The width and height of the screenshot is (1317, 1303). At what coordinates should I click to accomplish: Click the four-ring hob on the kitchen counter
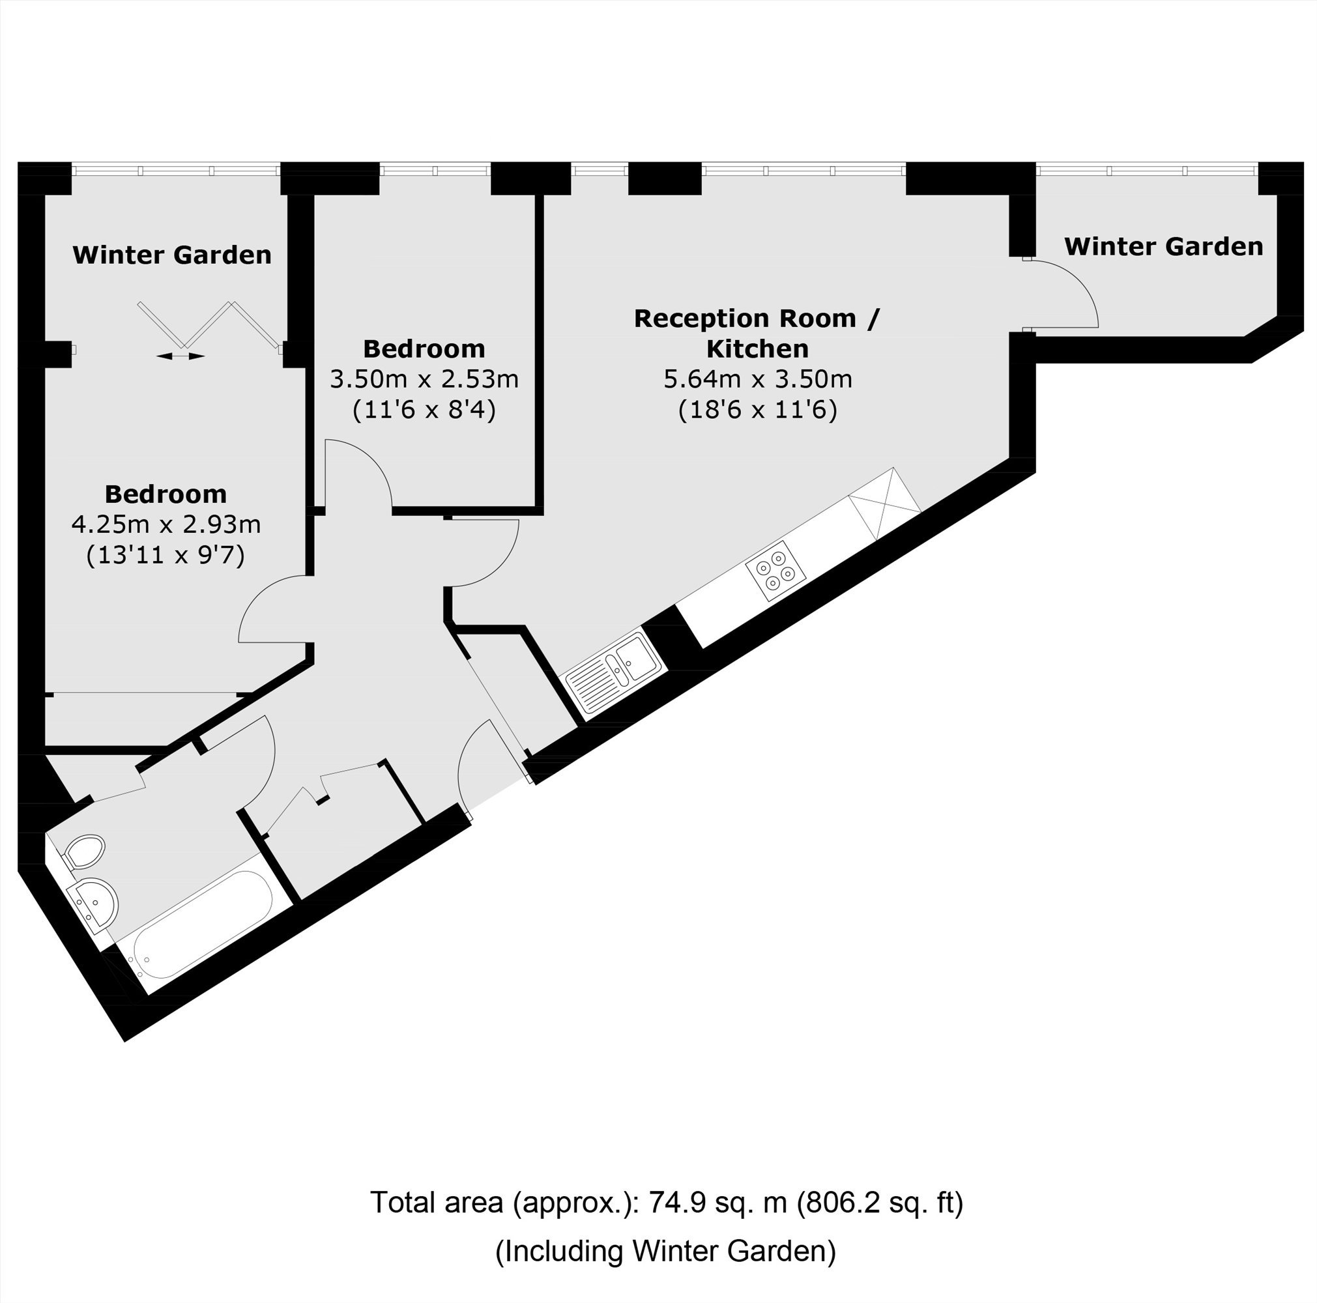775,571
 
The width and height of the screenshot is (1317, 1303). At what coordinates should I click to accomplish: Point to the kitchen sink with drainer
613,670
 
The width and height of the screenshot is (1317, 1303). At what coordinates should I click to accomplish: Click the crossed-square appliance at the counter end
885,503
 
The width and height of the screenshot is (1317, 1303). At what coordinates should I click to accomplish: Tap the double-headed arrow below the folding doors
180,356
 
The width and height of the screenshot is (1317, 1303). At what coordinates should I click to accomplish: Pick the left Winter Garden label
172,255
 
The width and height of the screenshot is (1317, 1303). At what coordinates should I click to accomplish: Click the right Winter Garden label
1164,246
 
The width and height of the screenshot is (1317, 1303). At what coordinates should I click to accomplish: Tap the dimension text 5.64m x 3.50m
757,379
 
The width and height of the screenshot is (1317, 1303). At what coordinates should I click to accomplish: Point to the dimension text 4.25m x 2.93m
166,524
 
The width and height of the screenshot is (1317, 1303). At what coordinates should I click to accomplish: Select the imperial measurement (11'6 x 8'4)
424,410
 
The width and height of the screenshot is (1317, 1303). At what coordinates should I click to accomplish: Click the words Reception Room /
757,318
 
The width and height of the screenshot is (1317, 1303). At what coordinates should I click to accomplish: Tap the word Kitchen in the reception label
757,349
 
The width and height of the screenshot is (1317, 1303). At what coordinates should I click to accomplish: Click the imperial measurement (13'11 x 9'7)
166,556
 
